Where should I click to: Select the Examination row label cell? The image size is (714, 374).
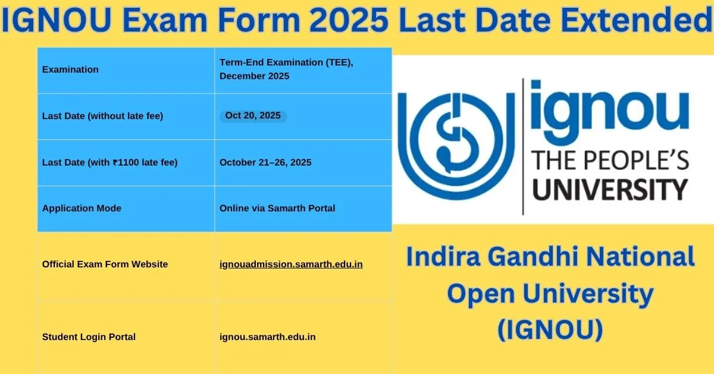[x=126, y=70]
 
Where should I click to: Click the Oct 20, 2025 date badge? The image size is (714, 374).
[x=253, y=116]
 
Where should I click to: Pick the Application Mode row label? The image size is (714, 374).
[x=82, y=208]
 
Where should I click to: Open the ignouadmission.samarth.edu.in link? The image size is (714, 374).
[x=291, y=264]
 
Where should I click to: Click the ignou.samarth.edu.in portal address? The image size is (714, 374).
[x=267, y=337]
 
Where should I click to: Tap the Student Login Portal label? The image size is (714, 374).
[x=89, y=337]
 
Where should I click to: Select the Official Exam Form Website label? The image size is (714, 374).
[x=105, y=264]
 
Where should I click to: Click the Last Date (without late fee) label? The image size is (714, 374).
[x=102, y=116]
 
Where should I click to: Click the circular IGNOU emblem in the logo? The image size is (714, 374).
[x=456, y=146]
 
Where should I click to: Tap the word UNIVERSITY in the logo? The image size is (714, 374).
[x=610, y=190]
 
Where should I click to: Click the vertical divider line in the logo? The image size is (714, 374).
[x=523, y=147]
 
